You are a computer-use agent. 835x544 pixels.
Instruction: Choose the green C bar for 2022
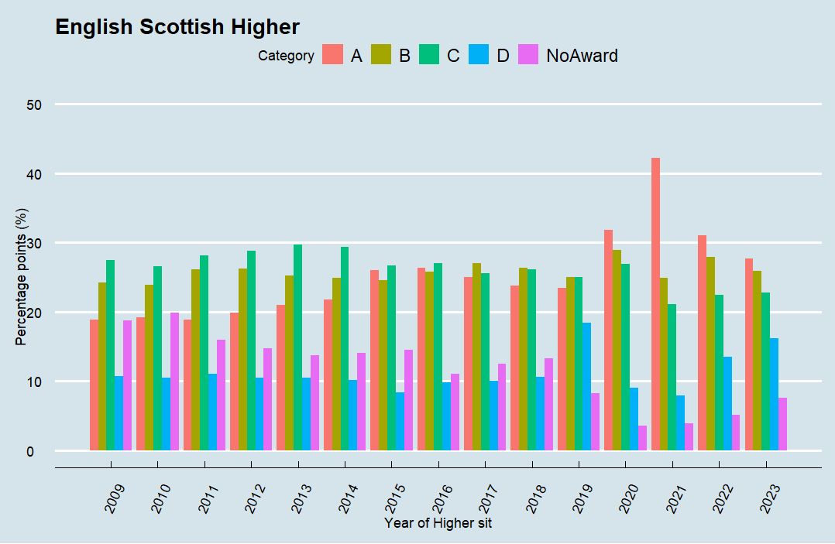tap(719, 372)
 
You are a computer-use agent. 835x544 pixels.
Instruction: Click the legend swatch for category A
tap(332, 55)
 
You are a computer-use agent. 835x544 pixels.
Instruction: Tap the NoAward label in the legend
tap(582, 56)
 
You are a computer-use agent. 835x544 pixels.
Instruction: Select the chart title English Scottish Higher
tap(177, 27)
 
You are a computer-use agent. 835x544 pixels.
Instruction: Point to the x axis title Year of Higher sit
tap(438, 523)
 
